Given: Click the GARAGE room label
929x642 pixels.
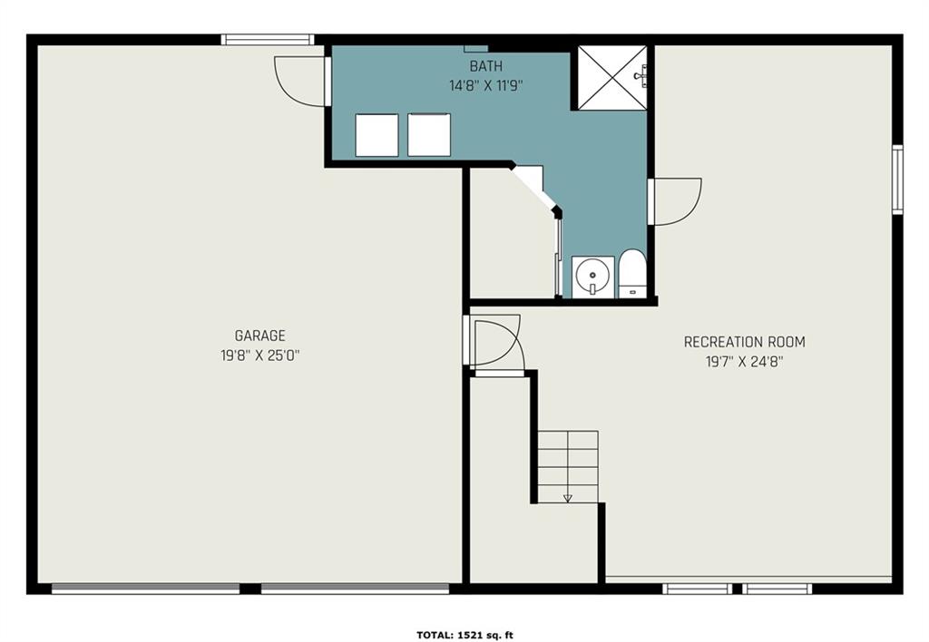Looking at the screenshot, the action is (260, 336).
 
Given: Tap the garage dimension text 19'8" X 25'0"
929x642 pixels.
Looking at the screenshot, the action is (260, 356).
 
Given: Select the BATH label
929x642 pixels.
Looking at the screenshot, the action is (486, 65).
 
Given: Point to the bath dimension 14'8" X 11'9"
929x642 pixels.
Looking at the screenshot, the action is (486, 86).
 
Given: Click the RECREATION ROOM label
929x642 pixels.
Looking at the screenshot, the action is (744, 342).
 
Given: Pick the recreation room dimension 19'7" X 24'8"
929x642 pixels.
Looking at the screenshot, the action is (744, 362).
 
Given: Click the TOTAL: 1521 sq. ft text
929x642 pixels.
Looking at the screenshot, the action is (465, 636).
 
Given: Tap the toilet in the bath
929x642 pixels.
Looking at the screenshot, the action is (632, 274).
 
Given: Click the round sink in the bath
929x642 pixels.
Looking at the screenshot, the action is (592, 276).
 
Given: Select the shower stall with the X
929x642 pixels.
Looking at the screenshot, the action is (612, 78).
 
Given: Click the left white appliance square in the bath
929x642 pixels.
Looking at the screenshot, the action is (376, 135).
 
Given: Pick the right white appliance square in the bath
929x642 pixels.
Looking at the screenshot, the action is (429, 135).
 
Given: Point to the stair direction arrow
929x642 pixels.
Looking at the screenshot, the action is (568, 498).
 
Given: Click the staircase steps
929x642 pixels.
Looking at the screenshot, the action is (568, 467).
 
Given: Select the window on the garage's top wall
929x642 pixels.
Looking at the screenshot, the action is (268, 40).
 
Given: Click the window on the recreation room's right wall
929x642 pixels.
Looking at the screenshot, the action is (897, 179).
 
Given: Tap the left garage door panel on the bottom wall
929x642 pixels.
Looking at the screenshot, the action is (146, 588).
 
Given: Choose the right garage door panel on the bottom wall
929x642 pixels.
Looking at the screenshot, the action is (355, 588).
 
